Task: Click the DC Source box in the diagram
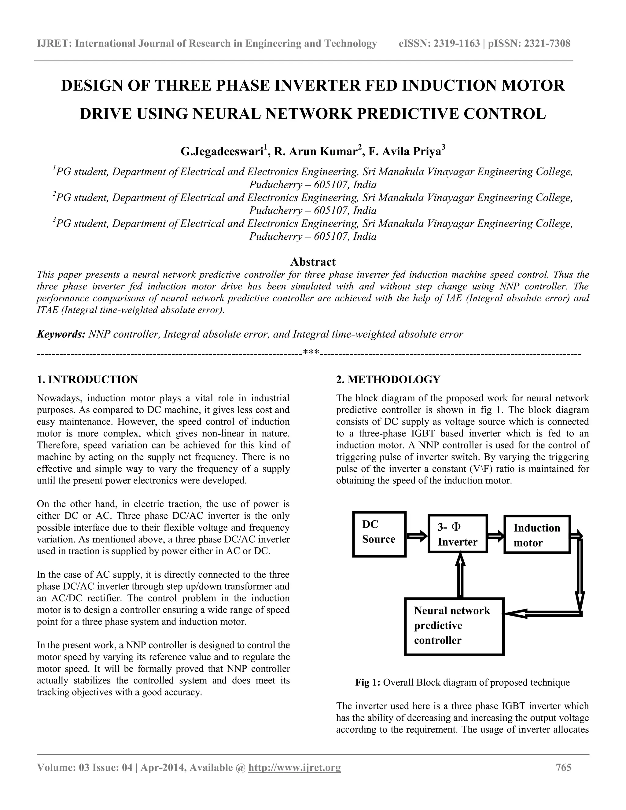tap(379, 534)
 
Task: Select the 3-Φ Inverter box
tap(457, 534)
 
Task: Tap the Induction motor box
tap(537, 534)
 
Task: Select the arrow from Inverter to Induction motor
tap(496, 536)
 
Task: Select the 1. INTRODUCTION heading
tap(87, 379)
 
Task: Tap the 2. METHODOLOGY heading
tap(388, 379)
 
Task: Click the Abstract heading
tap(313, 262)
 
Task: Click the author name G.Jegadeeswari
tap(222, 152)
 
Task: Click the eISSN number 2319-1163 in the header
tap(457, 44)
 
